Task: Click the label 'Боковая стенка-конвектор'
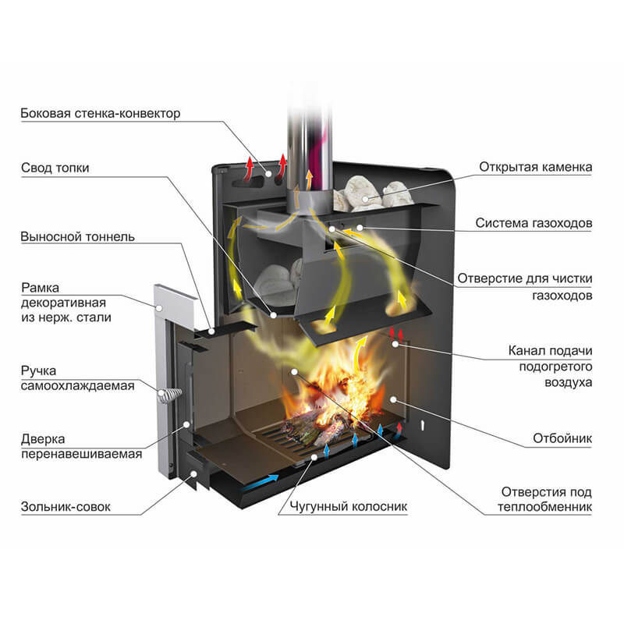tap(101, 114)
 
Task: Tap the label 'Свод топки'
tap(55, 168)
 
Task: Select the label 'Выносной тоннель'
tap(78, 236)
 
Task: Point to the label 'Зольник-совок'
tap(66, 506)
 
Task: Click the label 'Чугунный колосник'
tap(343, 506)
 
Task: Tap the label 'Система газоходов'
tap(534, 224)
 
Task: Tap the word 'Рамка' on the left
tap(41, 288)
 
